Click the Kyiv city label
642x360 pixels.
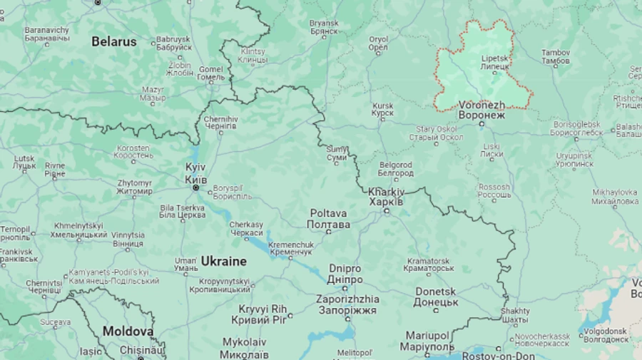click(x=196, y=172)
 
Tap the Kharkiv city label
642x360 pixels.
click(x=386, y=197)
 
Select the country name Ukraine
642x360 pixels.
click(x=223, y=261)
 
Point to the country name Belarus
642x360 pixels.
click(x=113, y=41)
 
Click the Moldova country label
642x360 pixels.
click(x=128, y=331)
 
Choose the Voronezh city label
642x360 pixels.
click(x=481, y=109)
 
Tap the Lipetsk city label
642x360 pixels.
click(x=494, y=62)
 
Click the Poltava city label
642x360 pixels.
click(x=328, y=219)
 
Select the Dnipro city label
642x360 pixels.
click(x=345, y=274)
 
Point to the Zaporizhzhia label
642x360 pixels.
click(x=347, y=304)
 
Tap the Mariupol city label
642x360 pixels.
click(x=429, y=340)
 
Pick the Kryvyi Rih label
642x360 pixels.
click(x=263, y=314)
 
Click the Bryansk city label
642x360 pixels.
click(x=324, y=27)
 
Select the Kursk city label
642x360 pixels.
click(x=382, y=110)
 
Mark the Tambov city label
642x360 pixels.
click(x=556, y=57)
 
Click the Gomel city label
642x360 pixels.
click(x=211, y=73)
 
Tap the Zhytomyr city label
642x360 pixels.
click(x=135, y=187)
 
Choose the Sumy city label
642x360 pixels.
click(x=337, y=153)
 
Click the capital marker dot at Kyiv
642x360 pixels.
click(x=196, y=187)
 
